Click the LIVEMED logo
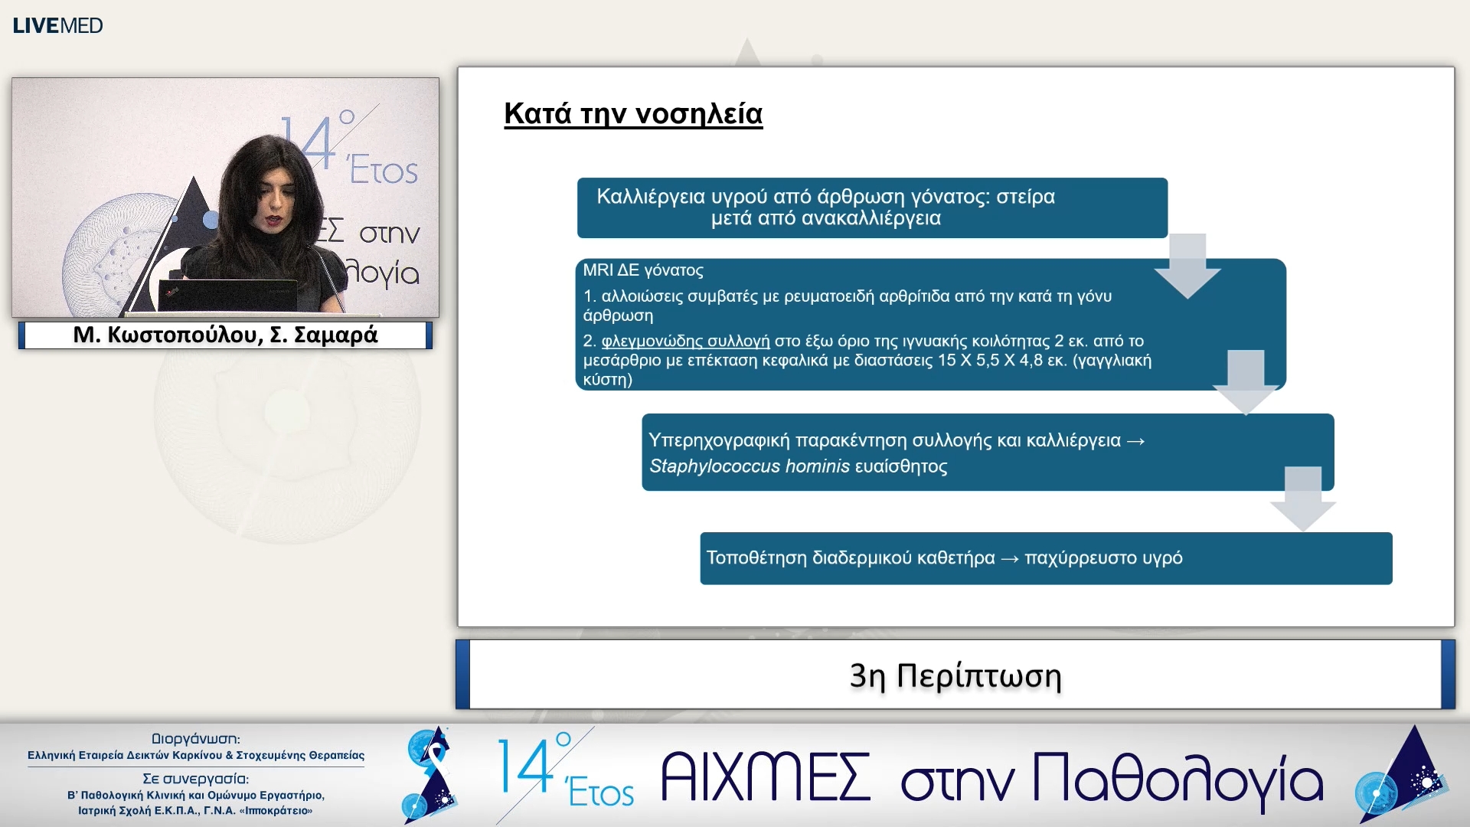(57, 25)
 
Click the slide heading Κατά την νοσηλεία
(632, 113)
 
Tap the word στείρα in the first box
(1025, 197)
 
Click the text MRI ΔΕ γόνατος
(642, 270)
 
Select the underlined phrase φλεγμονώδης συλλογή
(685, 341)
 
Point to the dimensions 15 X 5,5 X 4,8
(988, 360)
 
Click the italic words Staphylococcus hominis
(749, 466)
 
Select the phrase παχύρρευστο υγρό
(1103, 557)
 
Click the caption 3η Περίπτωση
(955, 675)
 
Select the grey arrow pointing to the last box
(1302, 498)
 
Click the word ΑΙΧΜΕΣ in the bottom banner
(765, 777)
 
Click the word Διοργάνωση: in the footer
(195, 739)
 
